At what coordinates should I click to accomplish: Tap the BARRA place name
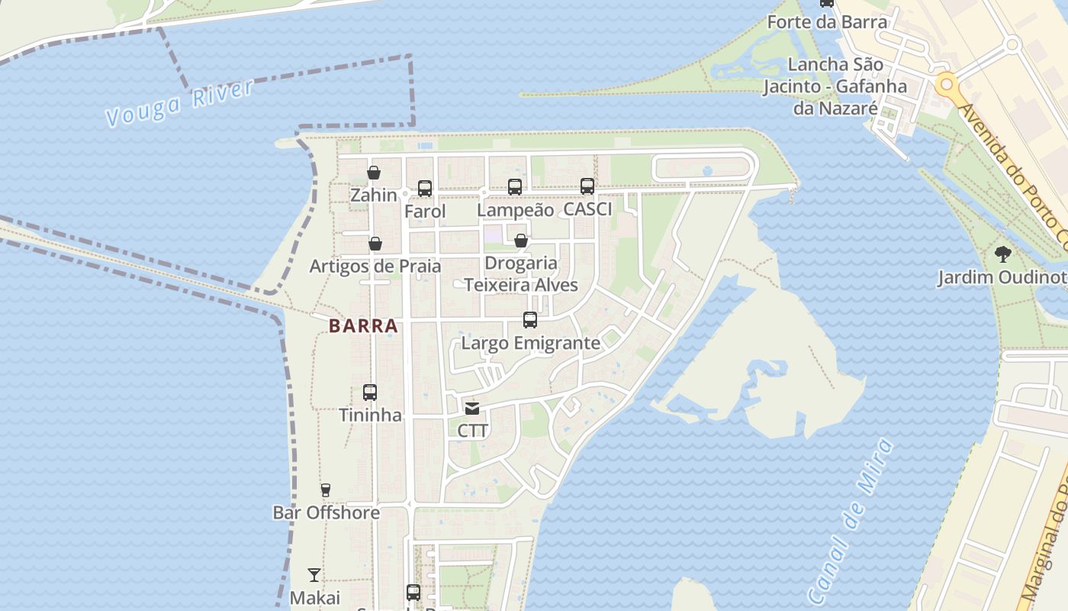(x=363, y=326)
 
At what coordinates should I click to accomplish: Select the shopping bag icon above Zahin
(x=374, y=173)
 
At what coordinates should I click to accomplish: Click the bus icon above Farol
(x=425, y=188)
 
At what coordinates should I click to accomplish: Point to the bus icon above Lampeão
(x=515, y=186)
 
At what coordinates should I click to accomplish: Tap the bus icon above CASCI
(x=587, y=186)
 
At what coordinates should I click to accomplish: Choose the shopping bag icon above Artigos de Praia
(x=375, y=244)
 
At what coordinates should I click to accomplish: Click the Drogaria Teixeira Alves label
(x=521, y=274)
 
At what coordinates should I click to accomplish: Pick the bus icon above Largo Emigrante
(x=530, y=320)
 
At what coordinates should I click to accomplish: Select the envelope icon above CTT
(x=472, y=409)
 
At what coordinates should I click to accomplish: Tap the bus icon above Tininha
(x=370, y=393)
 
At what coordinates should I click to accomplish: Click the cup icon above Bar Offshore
(x=326, y=490)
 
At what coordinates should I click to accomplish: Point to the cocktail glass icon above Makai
(x=314, y=575)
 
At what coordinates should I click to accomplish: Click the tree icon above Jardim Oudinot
(x=1002, y=254)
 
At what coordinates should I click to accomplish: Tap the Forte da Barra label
(x=827, y=22)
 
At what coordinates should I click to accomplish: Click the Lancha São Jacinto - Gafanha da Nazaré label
(x=835, y=86)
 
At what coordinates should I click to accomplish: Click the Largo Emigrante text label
(x=531, y=343)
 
